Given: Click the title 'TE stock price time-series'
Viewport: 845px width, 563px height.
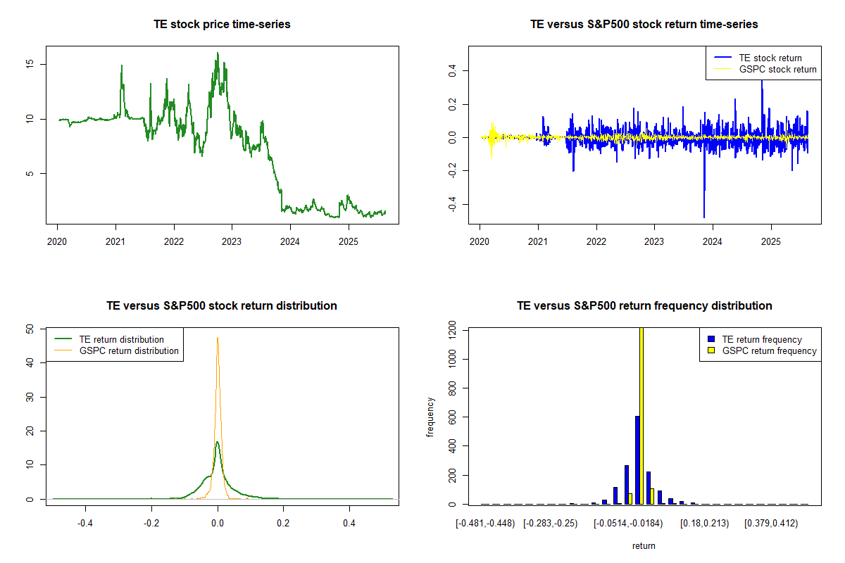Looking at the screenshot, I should click(222, 25).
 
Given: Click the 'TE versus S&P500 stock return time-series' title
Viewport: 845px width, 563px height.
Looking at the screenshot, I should click(644, 25).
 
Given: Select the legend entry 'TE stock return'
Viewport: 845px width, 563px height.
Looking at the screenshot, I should click(770, 58).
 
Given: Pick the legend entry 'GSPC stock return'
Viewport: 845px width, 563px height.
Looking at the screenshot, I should click(777, 69).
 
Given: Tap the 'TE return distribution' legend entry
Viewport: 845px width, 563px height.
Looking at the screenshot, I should click(122, 339).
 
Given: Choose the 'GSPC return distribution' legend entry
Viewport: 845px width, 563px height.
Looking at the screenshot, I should click(129, 350).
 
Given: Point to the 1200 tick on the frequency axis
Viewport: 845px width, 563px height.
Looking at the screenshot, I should click(451, 328).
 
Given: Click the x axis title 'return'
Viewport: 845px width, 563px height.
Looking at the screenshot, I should click(644, 545).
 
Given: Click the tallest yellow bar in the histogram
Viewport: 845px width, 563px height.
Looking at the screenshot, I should click(641, 415).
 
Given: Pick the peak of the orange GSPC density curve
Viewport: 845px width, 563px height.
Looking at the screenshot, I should click(218, 339).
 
